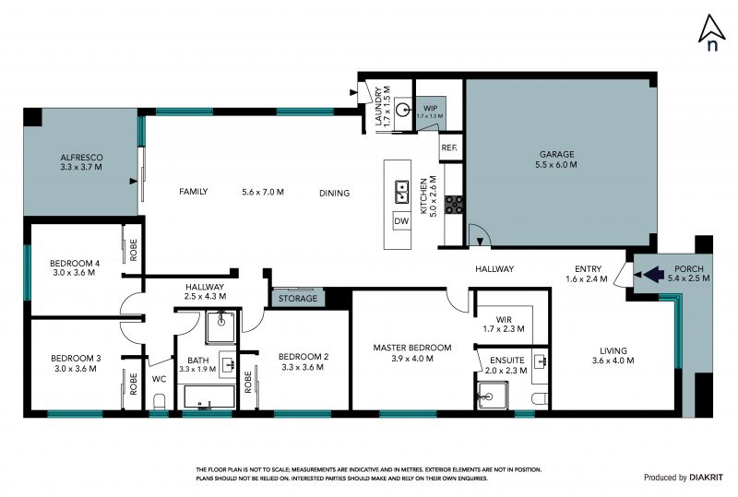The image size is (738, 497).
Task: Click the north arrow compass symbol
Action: (711, 32)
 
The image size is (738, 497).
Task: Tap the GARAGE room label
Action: (557, 154)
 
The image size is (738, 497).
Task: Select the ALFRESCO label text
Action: (81, 158)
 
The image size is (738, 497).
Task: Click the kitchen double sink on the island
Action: (401, 192)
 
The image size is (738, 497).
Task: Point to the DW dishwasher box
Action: (401, 221)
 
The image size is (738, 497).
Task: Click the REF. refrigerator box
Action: (449, 148)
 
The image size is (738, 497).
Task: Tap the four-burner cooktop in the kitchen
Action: (454, 205)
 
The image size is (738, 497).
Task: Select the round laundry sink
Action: (402, 111)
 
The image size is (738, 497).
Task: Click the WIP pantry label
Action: (430, 108)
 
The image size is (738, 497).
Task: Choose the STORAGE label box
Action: (297, 299)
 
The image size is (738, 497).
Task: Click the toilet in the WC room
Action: (160, 401)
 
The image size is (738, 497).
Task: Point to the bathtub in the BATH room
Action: (209, 397)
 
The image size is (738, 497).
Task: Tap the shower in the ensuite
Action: (492, 395)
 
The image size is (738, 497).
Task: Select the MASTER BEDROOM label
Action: (412, 348)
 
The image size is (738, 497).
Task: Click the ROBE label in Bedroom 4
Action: (134, 250)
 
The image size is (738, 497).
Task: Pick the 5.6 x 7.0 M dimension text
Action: (263, 192)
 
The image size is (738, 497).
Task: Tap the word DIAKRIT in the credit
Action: (706, 478)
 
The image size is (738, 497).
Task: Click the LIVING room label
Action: (613, 350)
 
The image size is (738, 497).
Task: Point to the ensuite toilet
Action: (540, 399)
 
